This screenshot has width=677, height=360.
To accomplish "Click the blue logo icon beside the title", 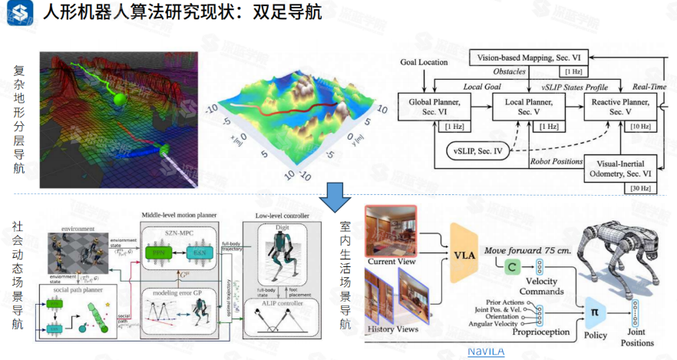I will [x=19, y=15].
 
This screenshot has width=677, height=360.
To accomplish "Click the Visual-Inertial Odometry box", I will [x=620, y=169].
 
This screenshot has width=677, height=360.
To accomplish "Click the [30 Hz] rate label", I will [x=640, y=189].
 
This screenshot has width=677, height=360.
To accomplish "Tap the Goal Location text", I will [x=424, y=62].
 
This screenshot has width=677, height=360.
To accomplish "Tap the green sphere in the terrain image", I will [x=119, y=99].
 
